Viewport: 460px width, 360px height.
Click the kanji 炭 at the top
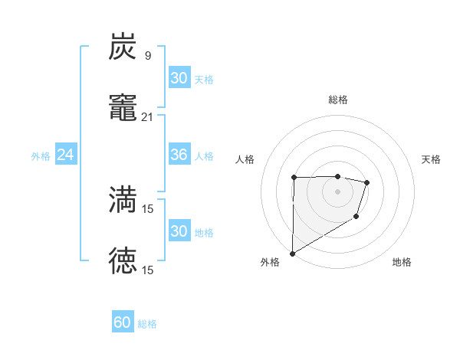click(x=123, y=47)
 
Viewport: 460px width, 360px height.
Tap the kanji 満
click(x=123, y=200)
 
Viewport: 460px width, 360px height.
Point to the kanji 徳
click(x=123, y=260)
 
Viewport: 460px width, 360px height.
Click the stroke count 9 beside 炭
click(x=147, y=55)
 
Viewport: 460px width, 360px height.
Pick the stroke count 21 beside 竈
click(x=147, y=116)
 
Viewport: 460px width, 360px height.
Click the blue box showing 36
click(x=179, y=155)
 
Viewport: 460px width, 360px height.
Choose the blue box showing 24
click(x=65, y=155)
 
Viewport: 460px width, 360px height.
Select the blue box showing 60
click(x=122, y=322)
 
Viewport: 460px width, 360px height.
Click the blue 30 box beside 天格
click(x=179, y=78)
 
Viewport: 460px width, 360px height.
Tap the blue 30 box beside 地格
click(x=179, y=231)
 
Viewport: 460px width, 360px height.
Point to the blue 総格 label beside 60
click(x=147, y=324)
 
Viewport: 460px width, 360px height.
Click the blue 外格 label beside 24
click(x=41, y=156)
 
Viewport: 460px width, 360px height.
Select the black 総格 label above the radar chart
click(x=337, y=100)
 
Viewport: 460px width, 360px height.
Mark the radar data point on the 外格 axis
click(x=292, y=253)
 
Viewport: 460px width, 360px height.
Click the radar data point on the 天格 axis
click(x=367, y=182)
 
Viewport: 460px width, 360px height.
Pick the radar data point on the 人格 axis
click(x=294, y=178)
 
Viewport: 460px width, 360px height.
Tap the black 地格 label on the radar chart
click(x=402, y=262)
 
